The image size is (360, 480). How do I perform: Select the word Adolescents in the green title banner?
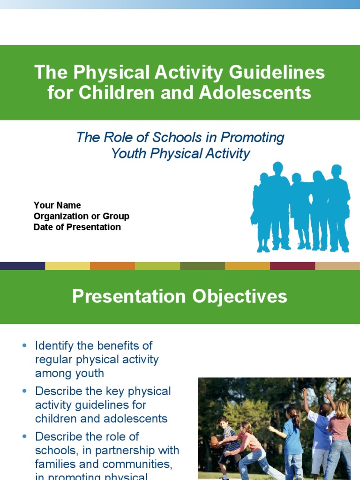pos(255,93)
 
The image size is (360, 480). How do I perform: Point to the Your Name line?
pos(57,205)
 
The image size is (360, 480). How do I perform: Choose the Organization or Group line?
pos(82,216)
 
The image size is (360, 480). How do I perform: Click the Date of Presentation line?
pos(77,227)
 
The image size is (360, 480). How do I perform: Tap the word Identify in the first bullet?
pos(54,346)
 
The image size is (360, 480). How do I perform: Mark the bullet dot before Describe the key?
pos(25,391)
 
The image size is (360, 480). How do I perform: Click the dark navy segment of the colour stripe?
pos(22,266)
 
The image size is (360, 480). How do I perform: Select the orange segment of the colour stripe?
pos(112,266)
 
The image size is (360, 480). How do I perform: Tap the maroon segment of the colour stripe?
pos(292,266)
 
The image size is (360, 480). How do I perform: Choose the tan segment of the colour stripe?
pos(337,266)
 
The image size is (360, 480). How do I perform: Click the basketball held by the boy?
pos(214,441)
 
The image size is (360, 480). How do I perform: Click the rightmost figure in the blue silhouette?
pos(338,206)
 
